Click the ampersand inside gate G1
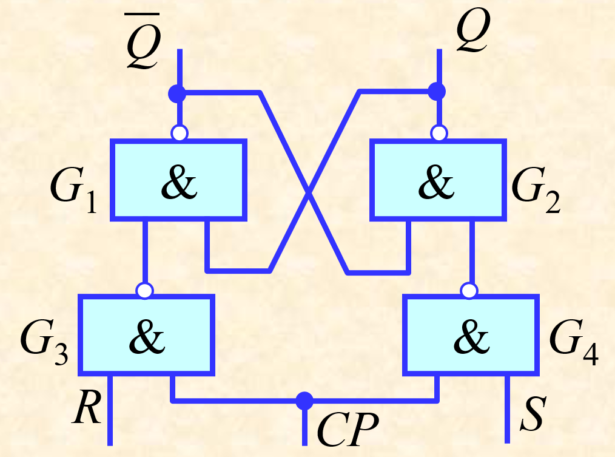coord(179,181)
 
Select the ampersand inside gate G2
coord(436,181)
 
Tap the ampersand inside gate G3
coord(147,336)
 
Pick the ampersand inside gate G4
coord(471,336)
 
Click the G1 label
coord(73,189)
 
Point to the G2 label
coord(536,189)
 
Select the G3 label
coord(44,342)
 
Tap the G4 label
coord(574,342)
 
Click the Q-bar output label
coord(143,41)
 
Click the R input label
coord(87,407)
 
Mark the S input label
coord(533,414)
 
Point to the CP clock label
coord(348,430)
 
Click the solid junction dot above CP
coord(304,401)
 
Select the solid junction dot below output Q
coord(437,92)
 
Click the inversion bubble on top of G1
coord(180,133)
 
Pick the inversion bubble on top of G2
coord(439,133)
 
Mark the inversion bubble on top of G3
coord(145,291)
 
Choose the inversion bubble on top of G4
coord(469,291)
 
